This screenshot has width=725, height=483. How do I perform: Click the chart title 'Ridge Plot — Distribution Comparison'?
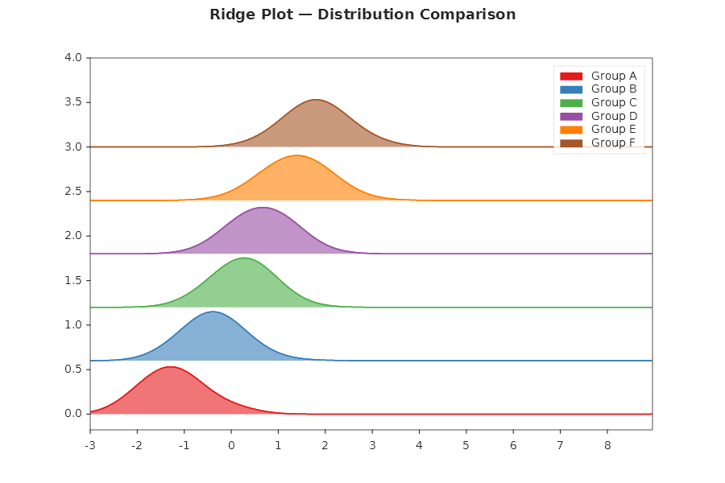(362, 15)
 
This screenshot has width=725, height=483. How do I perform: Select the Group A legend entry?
(608, 76)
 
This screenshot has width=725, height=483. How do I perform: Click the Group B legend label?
(614, 89)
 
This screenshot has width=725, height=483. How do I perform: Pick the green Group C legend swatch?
(571, 103)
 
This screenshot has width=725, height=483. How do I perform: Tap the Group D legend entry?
(608, 116)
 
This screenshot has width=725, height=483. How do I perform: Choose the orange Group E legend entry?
(608, 130)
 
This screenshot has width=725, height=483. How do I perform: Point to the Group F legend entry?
(608, 142)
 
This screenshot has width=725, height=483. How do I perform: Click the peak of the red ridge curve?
(171, 367)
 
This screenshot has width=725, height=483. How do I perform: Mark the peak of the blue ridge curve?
(213, 312)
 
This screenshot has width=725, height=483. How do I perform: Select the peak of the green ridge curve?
(243, 258)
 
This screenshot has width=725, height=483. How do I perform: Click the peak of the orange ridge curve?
(296, 155)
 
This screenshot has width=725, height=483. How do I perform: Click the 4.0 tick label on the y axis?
(73, 58)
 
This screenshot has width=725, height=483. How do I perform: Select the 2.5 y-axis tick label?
(73, 192)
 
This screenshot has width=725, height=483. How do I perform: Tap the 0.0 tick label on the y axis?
(73, 414)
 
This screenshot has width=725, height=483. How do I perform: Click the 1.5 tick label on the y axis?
(73, 280)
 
